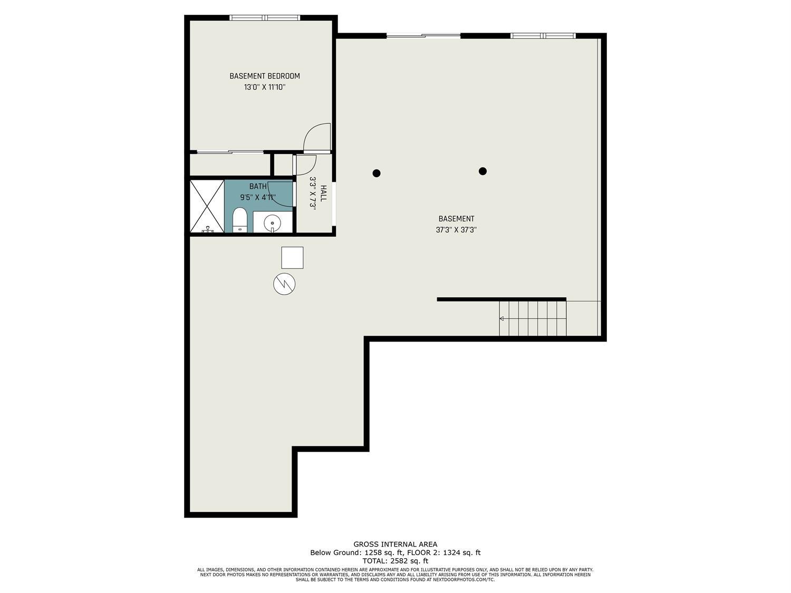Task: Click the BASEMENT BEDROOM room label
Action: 264,76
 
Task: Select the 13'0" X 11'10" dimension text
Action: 264,88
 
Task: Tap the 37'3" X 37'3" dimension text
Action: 456,230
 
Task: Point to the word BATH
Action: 258,186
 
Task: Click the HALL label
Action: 323,193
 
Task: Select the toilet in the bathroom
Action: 239,219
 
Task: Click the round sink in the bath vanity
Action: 273,222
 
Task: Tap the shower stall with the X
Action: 207,206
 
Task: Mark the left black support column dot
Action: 377,173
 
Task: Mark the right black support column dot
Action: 483,171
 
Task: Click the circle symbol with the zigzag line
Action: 284,284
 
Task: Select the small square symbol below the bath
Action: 292,257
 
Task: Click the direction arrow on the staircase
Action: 501,318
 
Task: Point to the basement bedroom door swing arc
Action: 316,137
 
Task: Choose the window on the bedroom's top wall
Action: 265,18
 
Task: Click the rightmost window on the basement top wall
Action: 543,36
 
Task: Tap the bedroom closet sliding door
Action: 230,152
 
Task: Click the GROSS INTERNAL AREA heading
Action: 395,544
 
